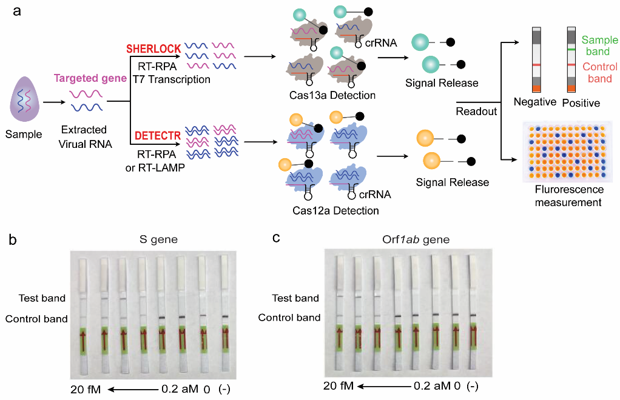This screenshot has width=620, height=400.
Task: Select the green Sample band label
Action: tap(599, 45)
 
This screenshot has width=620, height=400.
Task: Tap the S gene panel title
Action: tap(157, 239)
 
